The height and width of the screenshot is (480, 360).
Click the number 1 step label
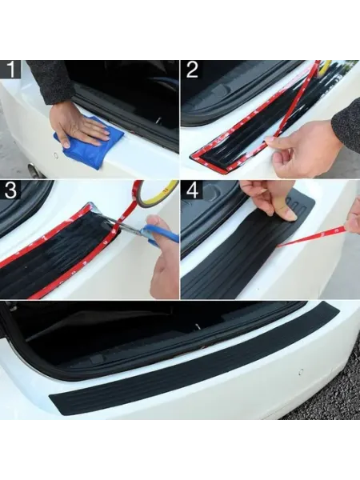point(10,69)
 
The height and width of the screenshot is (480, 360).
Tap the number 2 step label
point(192,69)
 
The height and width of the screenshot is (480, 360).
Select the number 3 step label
point(10,190)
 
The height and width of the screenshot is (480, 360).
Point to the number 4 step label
point(193,190)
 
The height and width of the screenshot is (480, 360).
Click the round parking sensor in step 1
point(56,155)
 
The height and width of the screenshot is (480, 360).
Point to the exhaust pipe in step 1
point(35,170)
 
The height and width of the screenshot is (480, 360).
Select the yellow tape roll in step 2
point(325,68)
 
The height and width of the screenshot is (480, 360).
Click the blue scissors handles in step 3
point(161,234)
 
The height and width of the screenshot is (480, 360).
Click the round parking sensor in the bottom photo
point(301,372)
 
